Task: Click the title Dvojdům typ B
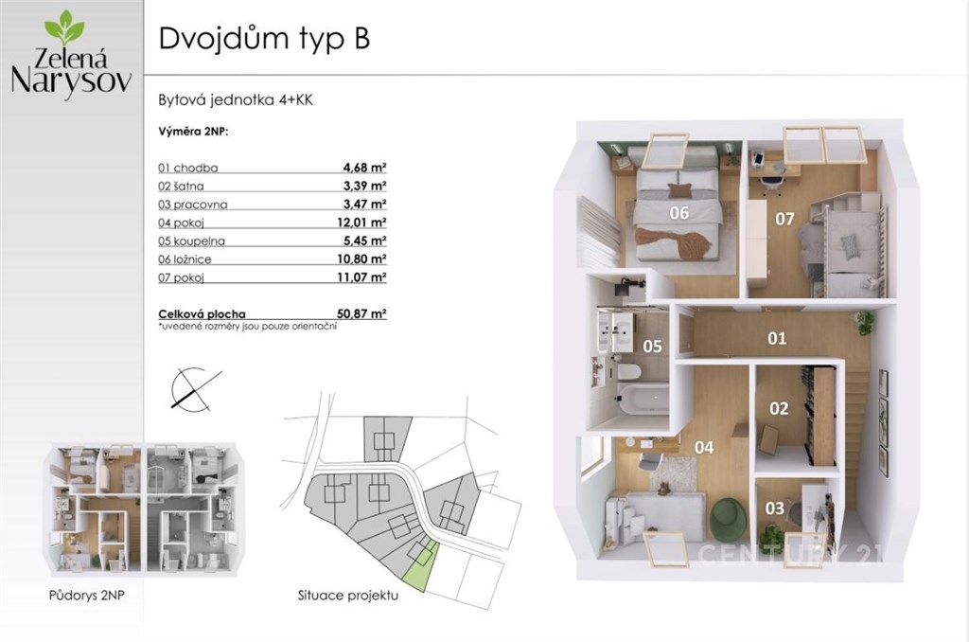(264, 38)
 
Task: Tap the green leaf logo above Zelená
(64, 28)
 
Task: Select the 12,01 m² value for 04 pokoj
(361, 222)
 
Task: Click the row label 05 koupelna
(191, 241)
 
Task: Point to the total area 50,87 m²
(361, 313)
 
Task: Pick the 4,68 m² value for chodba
(364, 167)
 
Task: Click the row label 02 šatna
(181, 186)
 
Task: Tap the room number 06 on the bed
(678, 213)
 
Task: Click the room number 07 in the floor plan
(784, 219)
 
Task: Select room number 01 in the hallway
(777, 338)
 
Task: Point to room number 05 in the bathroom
(652, 347)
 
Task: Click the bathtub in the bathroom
(643, 399)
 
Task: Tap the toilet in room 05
(629, 372)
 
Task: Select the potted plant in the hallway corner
(865, 322)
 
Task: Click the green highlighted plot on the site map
(421, 566)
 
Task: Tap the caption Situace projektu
(348, 596)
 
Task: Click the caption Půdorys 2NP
(86, 596)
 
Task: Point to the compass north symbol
(195, 388)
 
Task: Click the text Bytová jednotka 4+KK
(236, 100)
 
